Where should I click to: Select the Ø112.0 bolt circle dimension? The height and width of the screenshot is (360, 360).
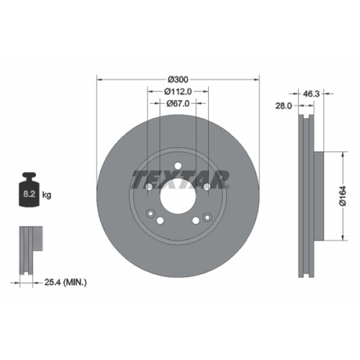click(x=178, y=92)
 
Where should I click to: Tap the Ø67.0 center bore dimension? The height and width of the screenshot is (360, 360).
click(x=178, y=103)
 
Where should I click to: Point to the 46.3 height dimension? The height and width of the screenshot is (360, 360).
click(x=311, y=94)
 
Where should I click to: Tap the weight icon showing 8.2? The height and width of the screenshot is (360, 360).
click(x=29, y=191)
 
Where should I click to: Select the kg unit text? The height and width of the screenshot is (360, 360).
click(x=47, y=195)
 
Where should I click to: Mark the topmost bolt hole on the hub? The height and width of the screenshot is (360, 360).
click(x=178, y=166)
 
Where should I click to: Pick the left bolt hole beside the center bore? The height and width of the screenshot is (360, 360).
click(x=149, y=187)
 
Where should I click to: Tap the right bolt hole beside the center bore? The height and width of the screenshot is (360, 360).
click(x=206, y=187)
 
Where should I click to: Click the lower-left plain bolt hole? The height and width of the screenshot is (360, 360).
click(x=160, y=221)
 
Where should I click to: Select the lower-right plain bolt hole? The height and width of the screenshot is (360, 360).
click(x=196, y=221)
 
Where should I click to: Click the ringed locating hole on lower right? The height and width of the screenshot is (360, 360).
click(x=207, y=217)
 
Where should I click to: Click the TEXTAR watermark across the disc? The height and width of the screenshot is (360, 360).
click(x=180, y=178)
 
